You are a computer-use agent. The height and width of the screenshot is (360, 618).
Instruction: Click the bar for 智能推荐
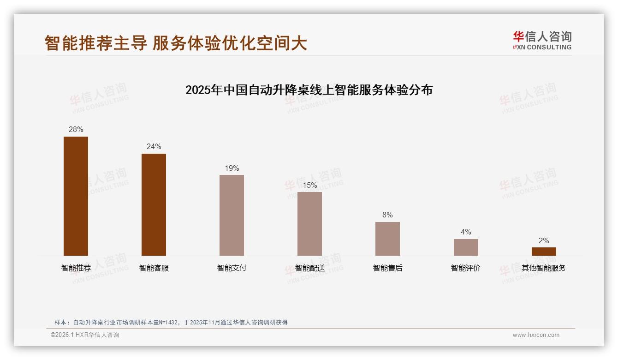[x=76, y=196]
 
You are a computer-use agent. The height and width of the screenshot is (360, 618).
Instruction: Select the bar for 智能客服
[x=154, y=204]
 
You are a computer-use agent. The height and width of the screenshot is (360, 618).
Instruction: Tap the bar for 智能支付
[x=232, y=215]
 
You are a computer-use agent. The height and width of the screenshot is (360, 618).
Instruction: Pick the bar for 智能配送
[x=309, y=224]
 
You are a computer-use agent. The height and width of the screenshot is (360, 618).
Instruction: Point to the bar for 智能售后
[x=387, y=239]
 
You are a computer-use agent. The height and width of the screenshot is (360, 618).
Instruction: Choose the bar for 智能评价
[x=466, y=247]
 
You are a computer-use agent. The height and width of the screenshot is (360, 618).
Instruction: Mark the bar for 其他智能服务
[x=544, y=252]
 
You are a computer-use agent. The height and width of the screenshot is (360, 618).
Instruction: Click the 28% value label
[x=76, y=130]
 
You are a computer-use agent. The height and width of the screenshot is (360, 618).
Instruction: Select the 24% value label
[x=154, y=147]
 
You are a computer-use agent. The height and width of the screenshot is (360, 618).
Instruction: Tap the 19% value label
[x=232, y=168]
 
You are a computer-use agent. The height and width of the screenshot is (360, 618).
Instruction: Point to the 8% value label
[x=387, y=215]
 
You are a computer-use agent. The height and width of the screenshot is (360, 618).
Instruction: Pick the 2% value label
[x=544, y=241]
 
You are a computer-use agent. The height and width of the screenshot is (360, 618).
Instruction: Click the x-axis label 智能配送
[x=309, y=268]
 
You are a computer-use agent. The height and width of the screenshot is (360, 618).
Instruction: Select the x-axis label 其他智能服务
[x=543, y=268]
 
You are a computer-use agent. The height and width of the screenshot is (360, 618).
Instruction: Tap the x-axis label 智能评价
[x=465, y=268]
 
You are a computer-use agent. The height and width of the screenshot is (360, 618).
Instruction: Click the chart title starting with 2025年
[x=309, y=90]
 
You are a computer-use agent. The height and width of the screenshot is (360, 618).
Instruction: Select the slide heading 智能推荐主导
[x=176, y=43]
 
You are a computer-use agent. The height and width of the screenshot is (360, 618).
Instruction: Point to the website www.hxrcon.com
[x=536, y=335]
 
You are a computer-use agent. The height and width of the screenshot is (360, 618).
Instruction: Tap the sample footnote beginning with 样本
[x=171, y=323]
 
